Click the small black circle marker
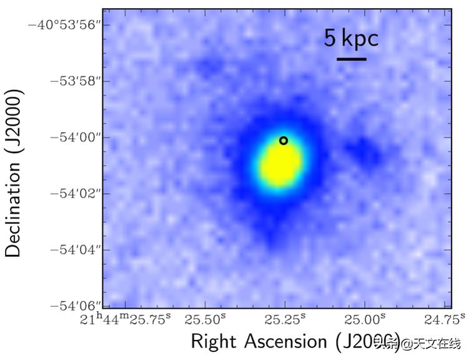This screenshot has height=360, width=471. [284, 141]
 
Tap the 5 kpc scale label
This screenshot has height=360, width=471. [351, 39]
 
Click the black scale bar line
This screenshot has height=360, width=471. [351, 59]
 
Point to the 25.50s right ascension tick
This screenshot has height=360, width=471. [206, 319]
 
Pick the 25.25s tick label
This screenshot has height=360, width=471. [285, 319]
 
